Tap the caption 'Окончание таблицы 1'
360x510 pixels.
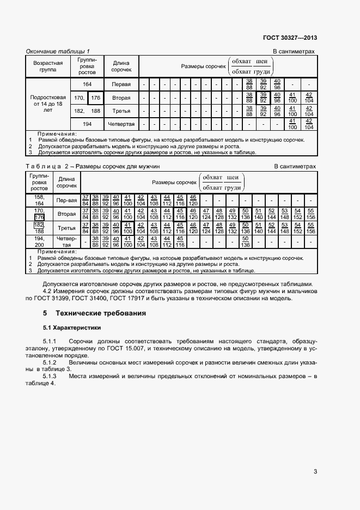tap(58, 51)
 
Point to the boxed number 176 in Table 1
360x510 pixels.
tap(96, 98)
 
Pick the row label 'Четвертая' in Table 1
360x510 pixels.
tap(121, 124)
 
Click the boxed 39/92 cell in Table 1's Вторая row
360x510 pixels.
tap(263, 98)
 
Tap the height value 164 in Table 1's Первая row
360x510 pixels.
tap(87, 85)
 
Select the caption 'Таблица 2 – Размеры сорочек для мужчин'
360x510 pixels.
tap(93, 166)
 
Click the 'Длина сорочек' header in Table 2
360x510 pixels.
tap(66, 182)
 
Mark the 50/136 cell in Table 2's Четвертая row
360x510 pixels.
tap(246, 241)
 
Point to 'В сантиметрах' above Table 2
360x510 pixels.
tap(294, 166)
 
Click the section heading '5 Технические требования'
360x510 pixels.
tap(94, 314)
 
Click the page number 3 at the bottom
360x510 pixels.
tap(315, 472)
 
